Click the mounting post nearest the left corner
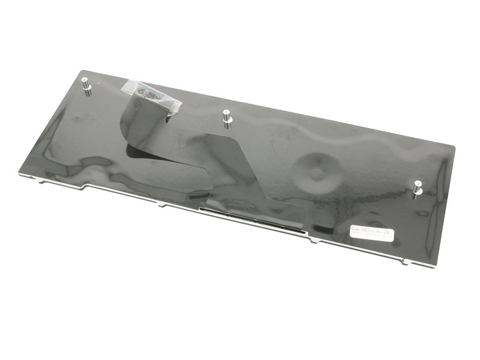87,85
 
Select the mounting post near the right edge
417,188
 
